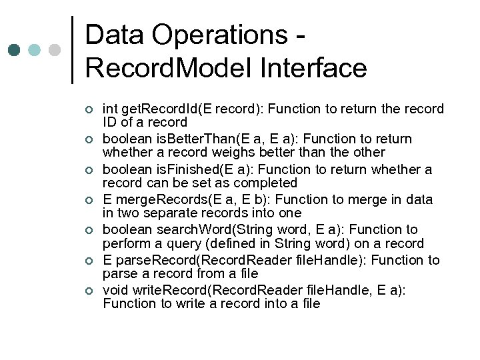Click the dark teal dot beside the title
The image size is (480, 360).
[14, 51]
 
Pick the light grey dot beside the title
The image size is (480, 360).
[55, 51]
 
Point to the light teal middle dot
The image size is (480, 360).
[35, 51]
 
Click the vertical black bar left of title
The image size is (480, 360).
[72, 49]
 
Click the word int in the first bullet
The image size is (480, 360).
[110, 109]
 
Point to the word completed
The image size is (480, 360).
[268, 183]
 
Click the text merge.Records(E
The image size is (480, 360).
[161, 199]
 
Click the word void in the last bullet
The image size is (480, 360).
[116, 290]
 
